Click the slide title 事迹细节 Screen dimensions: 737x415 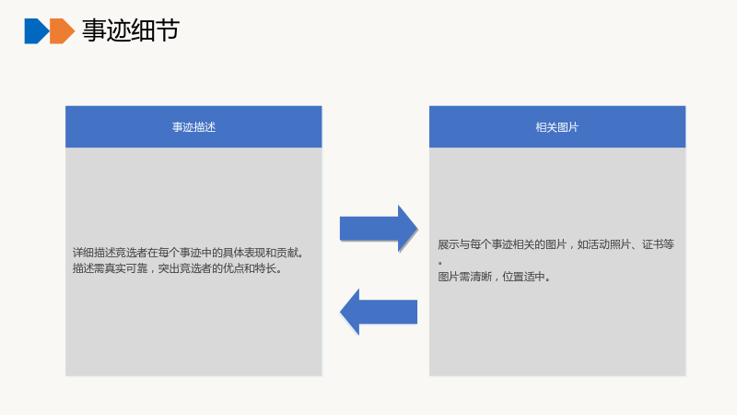click(131, 30)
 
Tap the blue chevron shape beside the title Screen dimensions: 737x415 click(37, 31)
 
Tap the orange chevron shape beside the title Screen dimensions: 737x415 click(62, 31)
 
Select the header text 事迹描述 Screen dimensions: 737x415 click(193, 127)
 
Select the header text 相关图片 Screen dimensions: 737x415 click(557, 127)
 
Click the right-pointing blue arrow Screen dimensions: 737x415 click(379, 229)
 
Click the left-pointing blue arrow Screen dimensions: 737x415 click(379, 312)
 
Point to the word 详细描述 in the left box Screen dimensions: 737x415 click(94, 253)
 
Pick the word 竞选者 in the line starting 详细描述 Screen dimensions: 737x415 click(132, 253)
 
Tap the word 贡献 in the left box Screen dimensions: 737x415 click(287, 253)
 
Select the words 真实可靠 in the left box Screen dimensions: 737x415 click(126, 268)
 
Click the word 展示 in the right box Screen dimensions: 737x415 click(449, 244)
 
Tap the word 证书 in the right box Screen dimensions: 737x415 click(653, 244)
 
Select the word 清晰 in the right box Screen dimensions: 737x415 click(481, 277)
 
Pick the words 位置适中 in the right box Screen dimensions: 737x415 click(523, 277)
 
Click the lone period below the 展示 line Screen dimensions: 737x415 click(440, 263)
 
